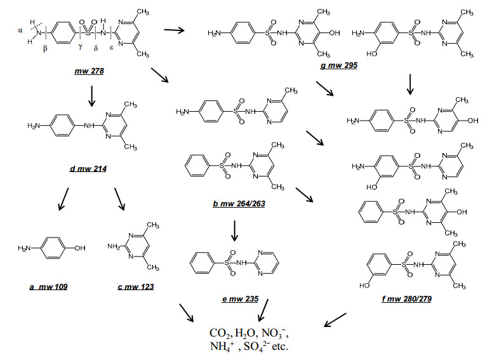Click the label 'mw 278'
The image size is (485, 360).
89,71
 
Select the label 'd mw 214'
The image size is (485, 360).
88,169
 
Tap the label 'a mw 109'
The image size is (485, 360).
48,287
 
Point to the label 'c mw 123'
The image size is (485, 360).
136,287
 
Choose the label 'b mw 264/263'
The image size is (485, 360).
239,204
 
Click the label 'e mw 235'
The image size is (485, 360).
241,299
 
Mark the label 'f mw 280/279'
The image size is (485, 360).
407,299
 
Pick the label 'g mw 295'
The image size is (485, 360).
339,65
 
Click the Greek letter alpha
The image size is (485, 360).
20,30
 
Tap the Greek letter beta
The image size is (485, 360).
45,48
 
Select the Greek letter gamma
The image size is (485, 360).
81,47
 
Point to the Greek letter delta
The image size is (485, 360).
96,48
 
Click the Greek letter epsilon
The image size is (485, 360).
112,48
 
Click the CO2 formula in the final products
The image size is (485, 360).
220,333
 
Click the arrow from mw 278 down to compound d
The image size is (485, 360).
91,96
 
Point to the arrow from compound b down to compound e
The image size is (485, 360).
234,230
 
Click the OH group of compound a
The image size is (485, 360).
80,248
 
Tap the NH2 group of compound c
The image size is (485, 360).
114,246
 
